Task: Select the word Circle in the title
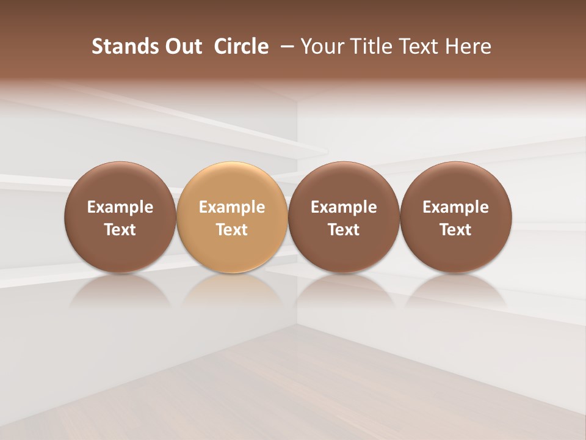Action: (241, 46)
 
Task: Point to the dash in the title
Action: (284, 46)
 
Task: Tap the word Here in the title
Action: (467, 46)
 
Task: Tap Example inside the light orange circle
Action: (232, 207)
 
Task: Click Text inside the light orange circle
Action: (232, 230)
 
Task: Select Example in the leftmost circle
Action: (120, 207)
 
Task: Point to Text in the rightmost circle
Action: (456, 230)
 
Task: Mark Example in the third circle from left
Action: (344, 207)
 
